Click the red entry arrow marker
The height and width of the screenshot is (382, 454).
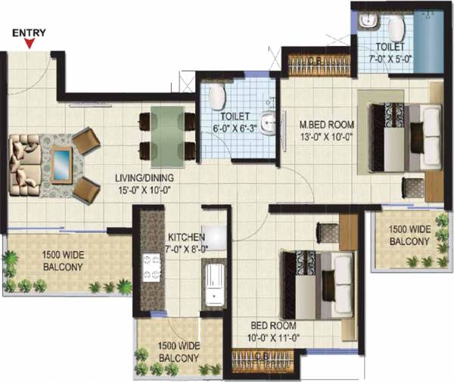coord(30,44)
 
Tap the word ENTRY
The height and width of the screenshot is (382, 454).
coord(30,33)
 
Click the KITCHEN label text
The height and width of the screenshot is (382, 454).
coord(186,237)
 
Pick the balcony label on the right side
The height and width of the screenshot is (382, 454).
coord(409,235)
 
